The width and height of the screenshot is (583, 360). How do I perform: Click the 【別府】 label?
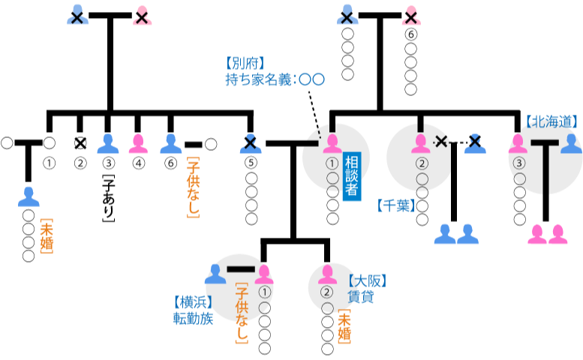coord(245,64)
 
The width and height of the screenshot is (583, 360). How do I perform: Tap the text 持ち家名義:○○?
coord(275,79)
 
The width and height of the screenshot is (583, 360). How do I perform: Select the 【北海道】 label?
coord(552,121)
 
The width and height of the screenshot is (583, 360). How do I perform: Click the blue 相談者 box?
coord(351,176)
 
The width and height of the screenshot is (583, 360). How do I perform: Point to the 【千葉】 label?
coord(395,205)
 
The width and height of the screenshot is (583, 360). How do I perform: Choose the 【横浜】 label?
coord(193,302)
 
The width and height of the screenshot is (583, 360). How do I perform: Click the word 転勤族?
coord(193,319)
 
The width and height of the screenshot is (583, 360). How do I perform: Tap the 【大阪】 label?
coord(367,281)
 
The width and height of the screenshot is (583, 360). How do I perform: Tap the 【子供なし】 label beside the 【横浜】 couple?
coord(242,313)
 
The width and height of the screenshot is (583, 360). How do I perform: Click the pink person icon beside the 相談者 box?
coord(332,143)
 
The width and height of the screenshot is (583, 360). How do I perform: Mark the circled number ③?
coord(519,163)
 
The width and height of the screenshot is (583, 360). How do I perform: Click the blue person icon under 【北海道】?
coord(571,143)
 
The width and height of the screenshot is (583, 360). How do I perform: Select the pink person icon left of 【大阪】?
coord(327,274)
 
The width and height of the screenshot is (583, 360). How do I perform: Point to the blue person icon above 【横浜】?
coord(215,274)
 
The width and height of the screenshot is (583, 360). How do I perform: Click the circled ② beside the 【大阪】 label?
coord(326,292)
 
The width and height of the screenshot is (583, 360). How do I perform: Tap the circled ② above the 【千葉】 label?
coord(422,163)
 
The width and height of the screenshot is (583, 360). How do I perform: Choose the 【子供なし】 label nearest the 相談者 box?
coord(193,187)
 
